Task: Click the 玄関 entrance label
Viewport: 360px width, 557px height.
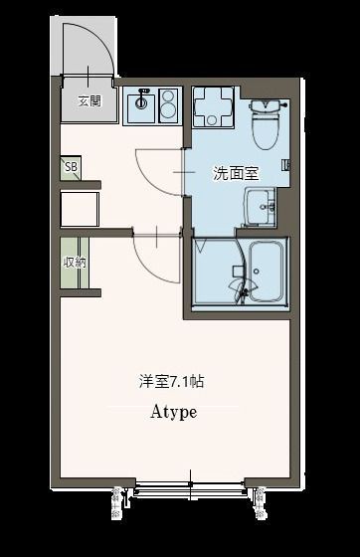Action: click(x=89, y=100)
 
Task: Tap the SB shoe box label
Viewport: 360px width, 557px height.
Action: click(x=71, y=167)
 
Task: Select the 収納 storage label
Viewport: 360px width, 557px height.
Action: click(x=75, y=263)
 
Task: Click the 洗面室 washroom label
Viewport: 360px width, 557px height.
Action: click(x=236, y=172)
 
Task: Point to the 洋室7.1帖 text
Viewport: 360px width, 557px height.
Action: click(x=172, y=381)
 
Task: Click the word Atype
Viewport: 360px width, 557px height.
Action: click(x=173, y=412)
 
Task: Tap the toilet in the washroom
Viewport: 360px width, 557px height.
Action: click(x=266, y=123)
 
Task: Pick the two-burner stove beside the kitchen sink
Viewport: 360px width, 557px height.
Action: click(x=165, y=102)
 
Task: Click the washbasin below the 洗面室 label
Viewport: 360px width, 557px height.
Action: click(x=267, y=208)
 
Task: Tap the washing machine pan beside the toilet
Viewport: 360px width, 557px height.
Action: click(x=212, y=106)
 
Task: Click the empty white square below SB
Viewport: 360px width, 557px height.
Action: click(x=79, y=210)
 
